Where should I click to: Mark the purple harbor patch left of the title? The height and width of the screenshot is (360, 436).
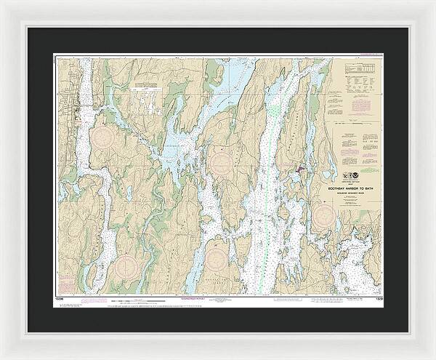[298, 172]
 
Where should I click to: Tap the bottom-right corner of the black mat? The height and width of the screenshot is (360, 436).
[408, 332]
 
